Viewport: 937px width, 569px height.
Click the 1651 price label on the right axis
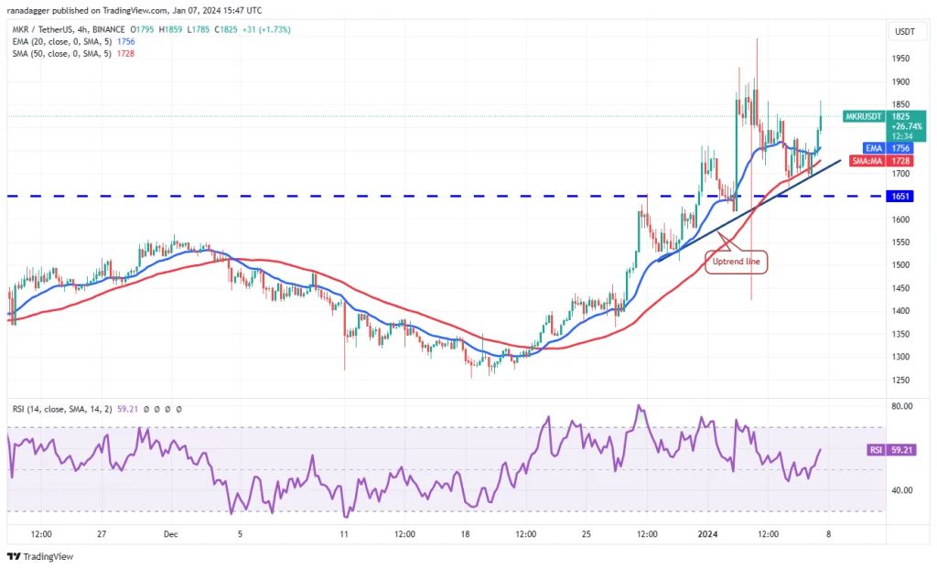point(902,196)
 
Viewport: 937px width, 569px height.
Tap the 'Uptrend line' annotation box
point(737,262)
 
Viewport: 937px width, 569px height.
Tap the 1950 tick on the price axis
point(901,58)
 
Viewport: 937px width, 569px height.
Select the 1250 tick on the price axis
point(901,380)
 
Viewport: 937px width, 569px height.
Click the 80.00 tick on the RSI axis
point(901,405)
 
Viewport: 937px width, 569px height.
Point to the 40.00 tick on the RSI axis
point(901,490)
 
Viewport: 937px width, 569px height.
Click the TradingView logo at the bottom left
point(41,556)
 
